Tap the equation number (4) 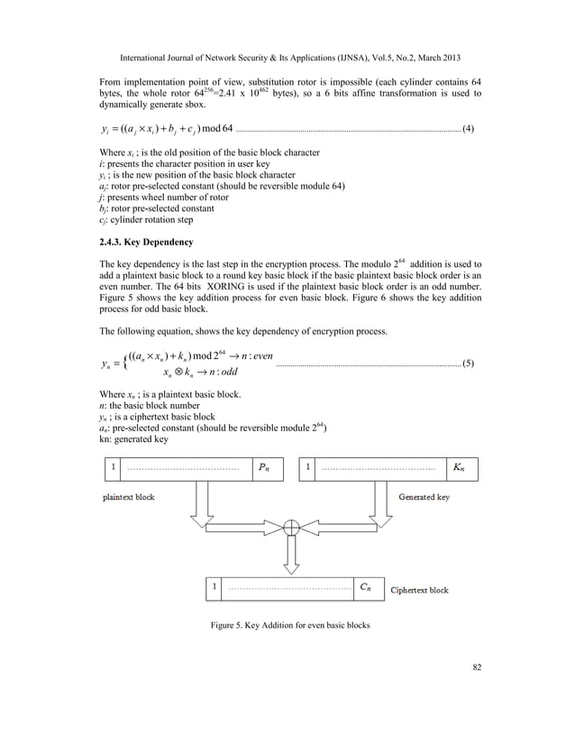[468, 132]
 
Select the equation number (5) [468, 363]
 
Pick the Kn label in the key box [460, 468]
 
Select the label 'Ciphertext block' [419, 590]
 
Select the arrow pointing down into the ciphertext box [291, 557]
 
